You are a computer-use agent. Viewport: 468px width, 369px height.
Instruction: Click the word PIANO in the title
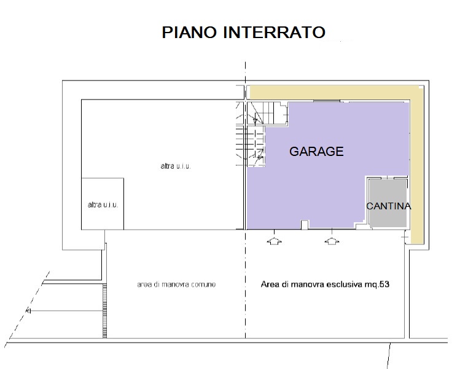tap(189, 32)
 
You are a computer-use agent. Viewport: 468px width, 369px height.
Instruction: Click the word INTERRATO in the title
tap(274, 32)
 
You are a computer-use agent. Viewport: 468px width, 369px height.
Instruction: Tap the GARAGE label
tap(316, 152)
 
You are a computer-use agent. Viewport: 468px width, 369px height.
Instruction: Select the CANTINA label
tap(388, 206)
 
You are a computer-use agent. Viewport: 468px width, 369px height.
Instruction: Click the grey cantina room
tap(388, 203)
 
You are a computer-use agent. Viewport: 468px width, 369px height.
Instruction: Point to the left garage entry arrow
tap(274, 241)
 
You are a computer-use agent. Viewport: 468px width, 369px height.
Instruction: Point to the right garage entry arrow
tap(332, 241)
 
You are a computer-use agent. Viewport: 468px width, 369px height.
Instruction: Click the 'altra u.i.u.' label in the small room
tap(103, 205)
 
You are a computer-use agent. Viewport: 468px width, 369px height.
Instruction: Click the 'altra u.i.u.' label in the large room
tap(176, 166)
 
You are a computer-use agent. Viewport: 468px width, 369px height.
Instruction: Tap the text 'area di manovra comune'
tap(176, 285)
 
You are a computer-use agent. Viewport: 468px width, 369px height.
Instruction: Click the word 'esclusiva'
tap(345, 284)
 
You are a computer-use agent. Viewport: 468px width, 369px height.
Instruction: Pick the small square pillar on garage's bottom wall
tap(304, 225)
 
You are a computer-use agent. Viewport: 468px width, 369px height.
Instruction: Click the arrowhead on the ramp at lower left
tap(28, 311)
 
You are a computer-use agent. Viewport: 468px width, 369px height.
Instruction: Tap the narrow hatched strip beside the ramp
tap(105, 311)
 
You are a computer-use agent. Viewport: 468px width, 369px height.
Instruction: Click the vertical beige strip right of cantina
tap(417, 167)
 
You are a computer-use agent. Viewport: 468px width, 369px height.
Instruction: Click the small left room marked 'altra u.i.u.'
tap(103, 204)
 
